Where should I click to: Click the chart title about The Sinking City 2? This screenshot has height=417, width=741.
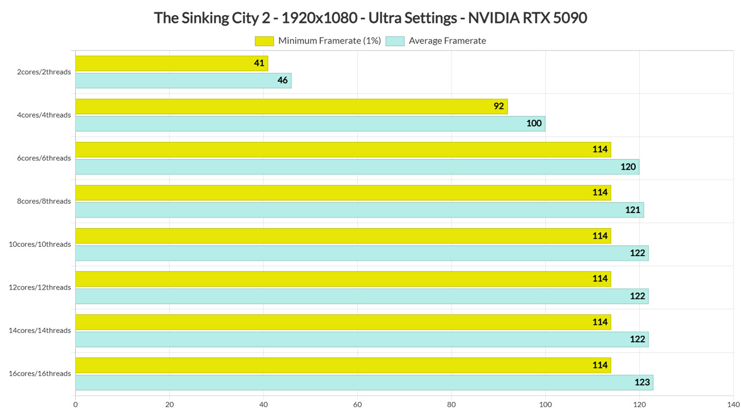click(370, 18)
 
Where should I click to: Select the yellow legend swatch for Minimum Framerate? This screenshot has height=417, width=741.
click(264, 41)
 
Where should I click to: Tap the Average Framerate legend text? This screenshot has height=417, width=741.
click(447, 41)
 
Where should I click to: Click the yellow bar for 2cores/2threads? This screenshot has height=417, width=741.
click(172, 63)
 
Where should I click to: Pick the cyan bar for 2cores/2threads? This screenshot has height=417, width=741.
click(184, 81)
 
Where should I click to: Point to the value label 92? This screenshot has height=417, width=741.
click(498, 106)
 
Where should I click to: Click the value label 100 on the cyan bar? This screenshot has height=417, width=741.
click(534, 123)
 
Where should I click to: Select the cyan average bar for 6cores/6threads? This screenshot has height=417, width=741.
click(357, 167)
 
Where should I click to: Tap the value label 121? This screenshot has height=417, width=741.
click(633, 210)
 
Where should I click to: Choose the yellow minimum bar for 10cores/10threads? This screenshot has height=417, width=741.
click(343, 236)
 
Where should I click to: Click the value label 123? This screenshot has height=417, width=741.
click(642, 382)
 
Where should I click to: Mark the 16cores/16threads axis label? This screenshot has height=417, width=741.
click(40, 374)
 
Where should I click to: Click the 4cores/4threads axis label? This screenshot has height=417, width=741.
click(44, 115)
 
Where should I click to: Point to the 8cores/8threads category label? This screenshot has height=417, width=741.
click(44, 201)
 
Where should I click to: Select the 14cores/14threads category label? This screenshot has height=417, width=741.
click(40, 331)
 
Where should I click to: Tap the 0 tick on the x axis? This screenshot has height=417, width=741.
click(75, 404)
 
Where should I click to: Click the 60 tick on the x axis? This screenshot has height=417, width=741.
click(357, 404)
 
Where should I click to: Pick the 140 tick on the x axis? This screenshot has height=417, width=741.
click(733, 404)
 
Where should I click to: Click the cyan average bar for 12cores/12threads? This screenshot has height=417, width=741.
click(362, 296)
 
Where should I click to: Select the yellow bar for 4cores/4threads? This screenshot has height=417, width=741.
click(291, 107)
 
